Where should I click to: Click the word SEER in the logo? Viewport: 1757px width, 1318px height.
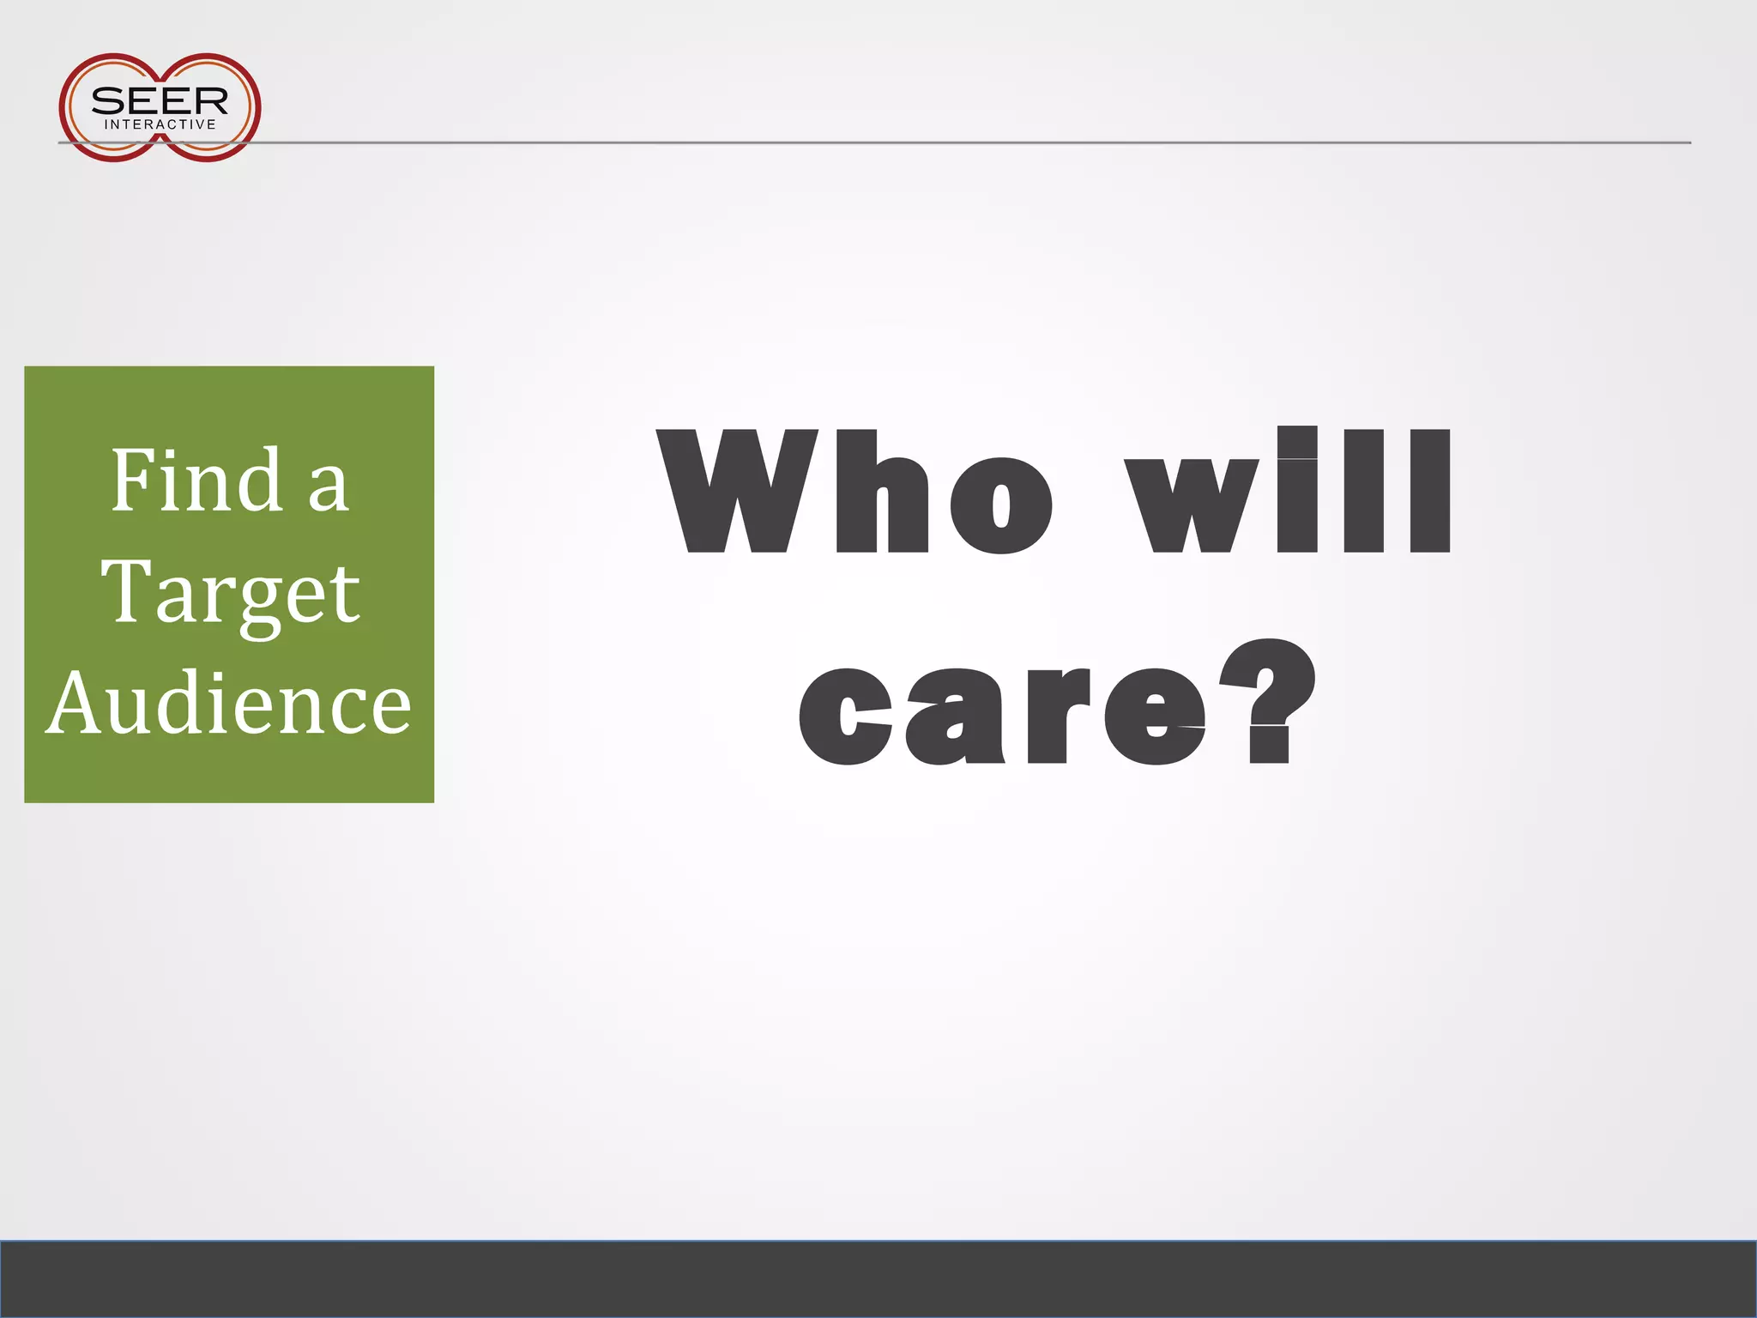160,100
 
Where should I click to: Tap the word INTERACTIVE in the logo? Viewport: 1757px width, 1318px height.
160,124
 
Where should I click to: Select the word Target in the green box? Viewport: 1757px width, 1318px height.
230,592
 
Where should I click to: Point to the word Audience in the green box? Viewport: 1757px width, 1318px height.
228,703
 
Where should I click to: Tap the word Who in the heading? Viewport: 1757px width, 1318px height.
854,492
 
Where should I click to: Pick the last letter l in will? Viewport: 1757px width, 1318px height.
1430,490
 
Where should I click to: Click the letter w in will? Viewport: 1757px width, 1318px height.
1192,505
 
